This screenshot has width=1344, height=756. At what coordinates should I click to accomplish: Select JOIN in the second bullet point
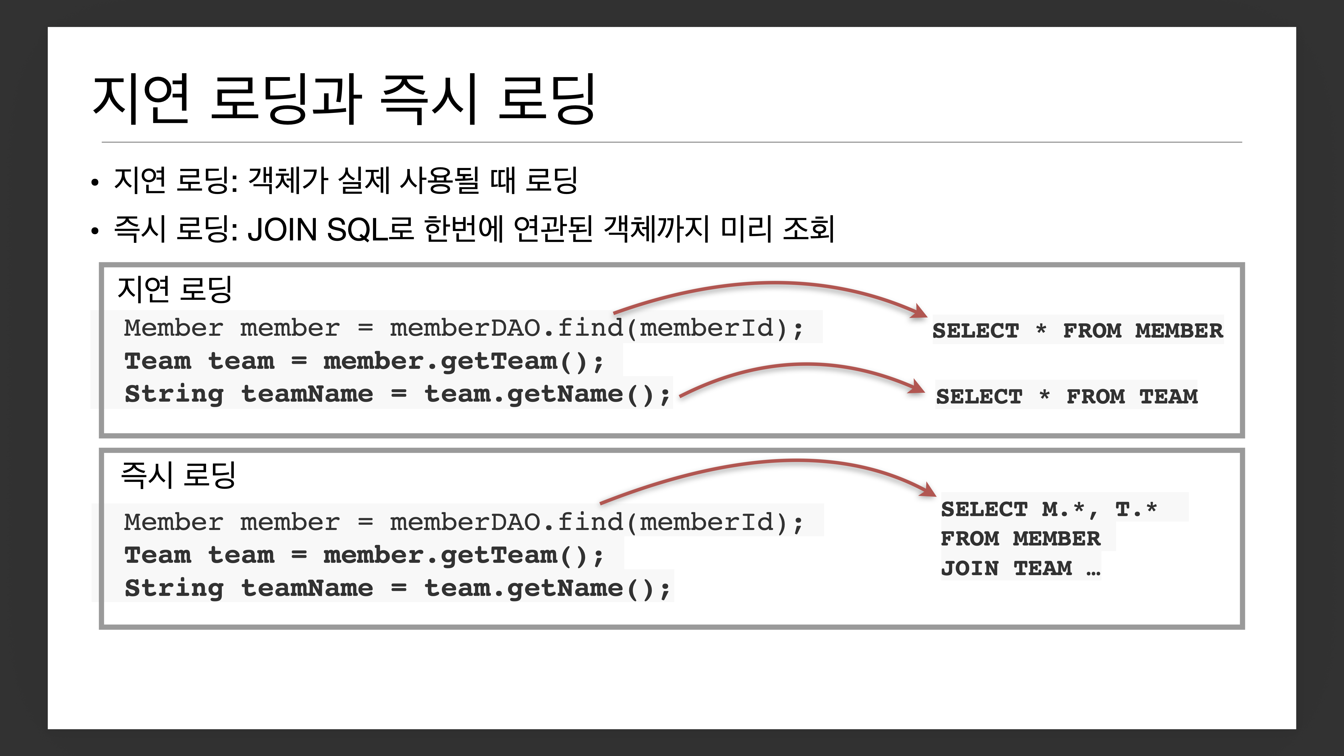[282, 230]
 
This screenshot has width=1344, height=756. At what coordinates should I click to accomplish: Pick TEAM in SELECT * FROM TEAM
[1169, 397]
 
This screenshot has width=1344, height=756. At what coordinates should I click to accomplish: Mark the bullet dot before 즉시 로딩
[94, 231]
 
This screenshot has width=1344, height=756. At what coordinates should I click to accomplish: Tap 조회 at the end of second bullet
[809, 230]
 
